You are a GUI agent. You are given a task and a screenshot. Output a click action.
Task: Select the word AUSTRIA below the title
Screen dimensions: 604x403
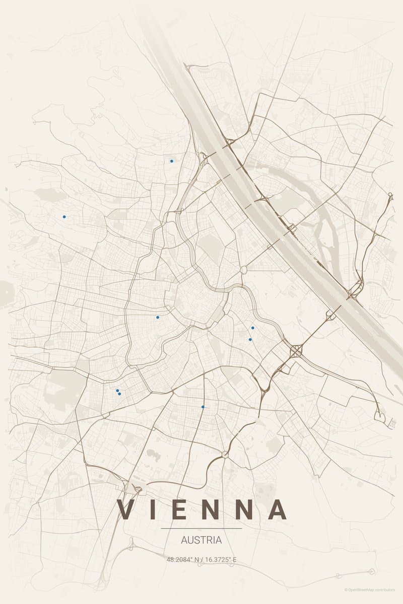(x=201, y=540)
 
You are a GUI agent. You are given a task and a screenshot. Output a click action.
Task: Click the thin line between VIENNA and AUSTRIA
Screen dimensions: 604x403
(x=201, y=528)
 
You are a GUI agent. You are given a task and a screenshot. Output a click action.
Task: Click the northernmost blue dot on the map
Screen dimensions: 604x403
(x=172, y=161)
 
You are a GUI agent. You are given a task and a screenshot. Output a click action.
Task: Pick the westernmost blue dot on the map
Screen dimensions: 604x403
(x=64, y=216)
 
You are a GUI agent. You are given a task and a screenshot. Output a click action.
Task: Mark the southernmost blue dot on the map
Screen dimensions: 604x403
(x=203, y=407)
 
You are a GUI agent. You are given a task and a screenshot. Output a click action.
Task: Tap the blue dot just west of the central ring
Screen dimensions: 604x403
(x=158, y=317)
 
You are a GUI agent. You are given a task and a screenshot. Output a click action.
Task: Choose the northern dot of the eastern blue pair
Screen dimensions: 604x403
(x=252, y=328)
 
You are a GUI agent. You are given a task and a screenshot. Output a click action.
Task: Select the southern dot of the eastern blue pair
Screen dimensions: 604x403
(x=250, y=340)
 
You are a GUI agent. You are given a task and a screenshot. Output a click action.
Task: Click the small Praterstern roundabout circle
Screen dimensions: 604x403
(x=244, y=270)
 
